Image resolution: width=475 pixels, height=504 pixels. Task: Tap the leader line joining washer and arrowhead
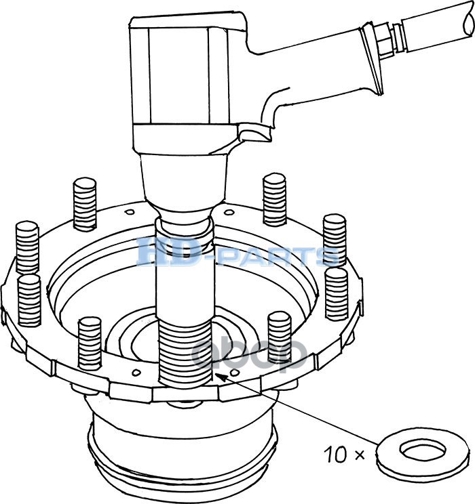[x=299, y=413]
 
